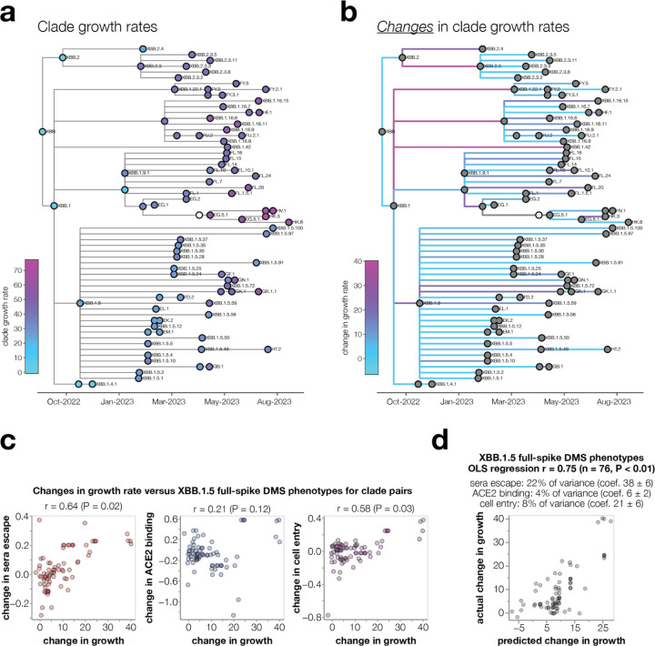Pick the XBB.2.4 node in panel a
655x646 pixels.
click(x=142, y=48)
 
